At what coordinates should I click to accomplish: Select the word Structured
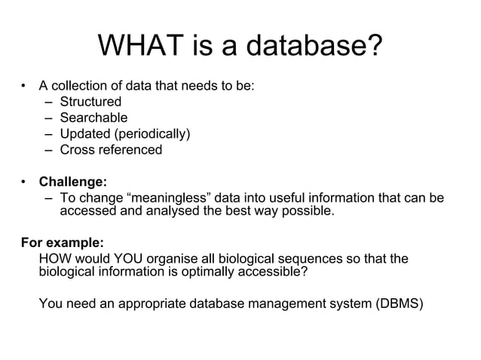(90, 102)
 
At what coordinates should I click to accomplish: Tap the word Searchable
(93, 117)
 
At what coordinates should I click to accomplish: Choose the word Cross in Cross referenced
(78, 150)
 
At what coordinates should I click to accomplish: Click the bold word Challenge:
(72, 182)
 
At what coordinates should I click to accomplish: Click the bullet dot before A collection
(24, 86)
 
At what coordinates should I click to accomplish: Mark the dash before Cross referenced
(48, 150)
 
